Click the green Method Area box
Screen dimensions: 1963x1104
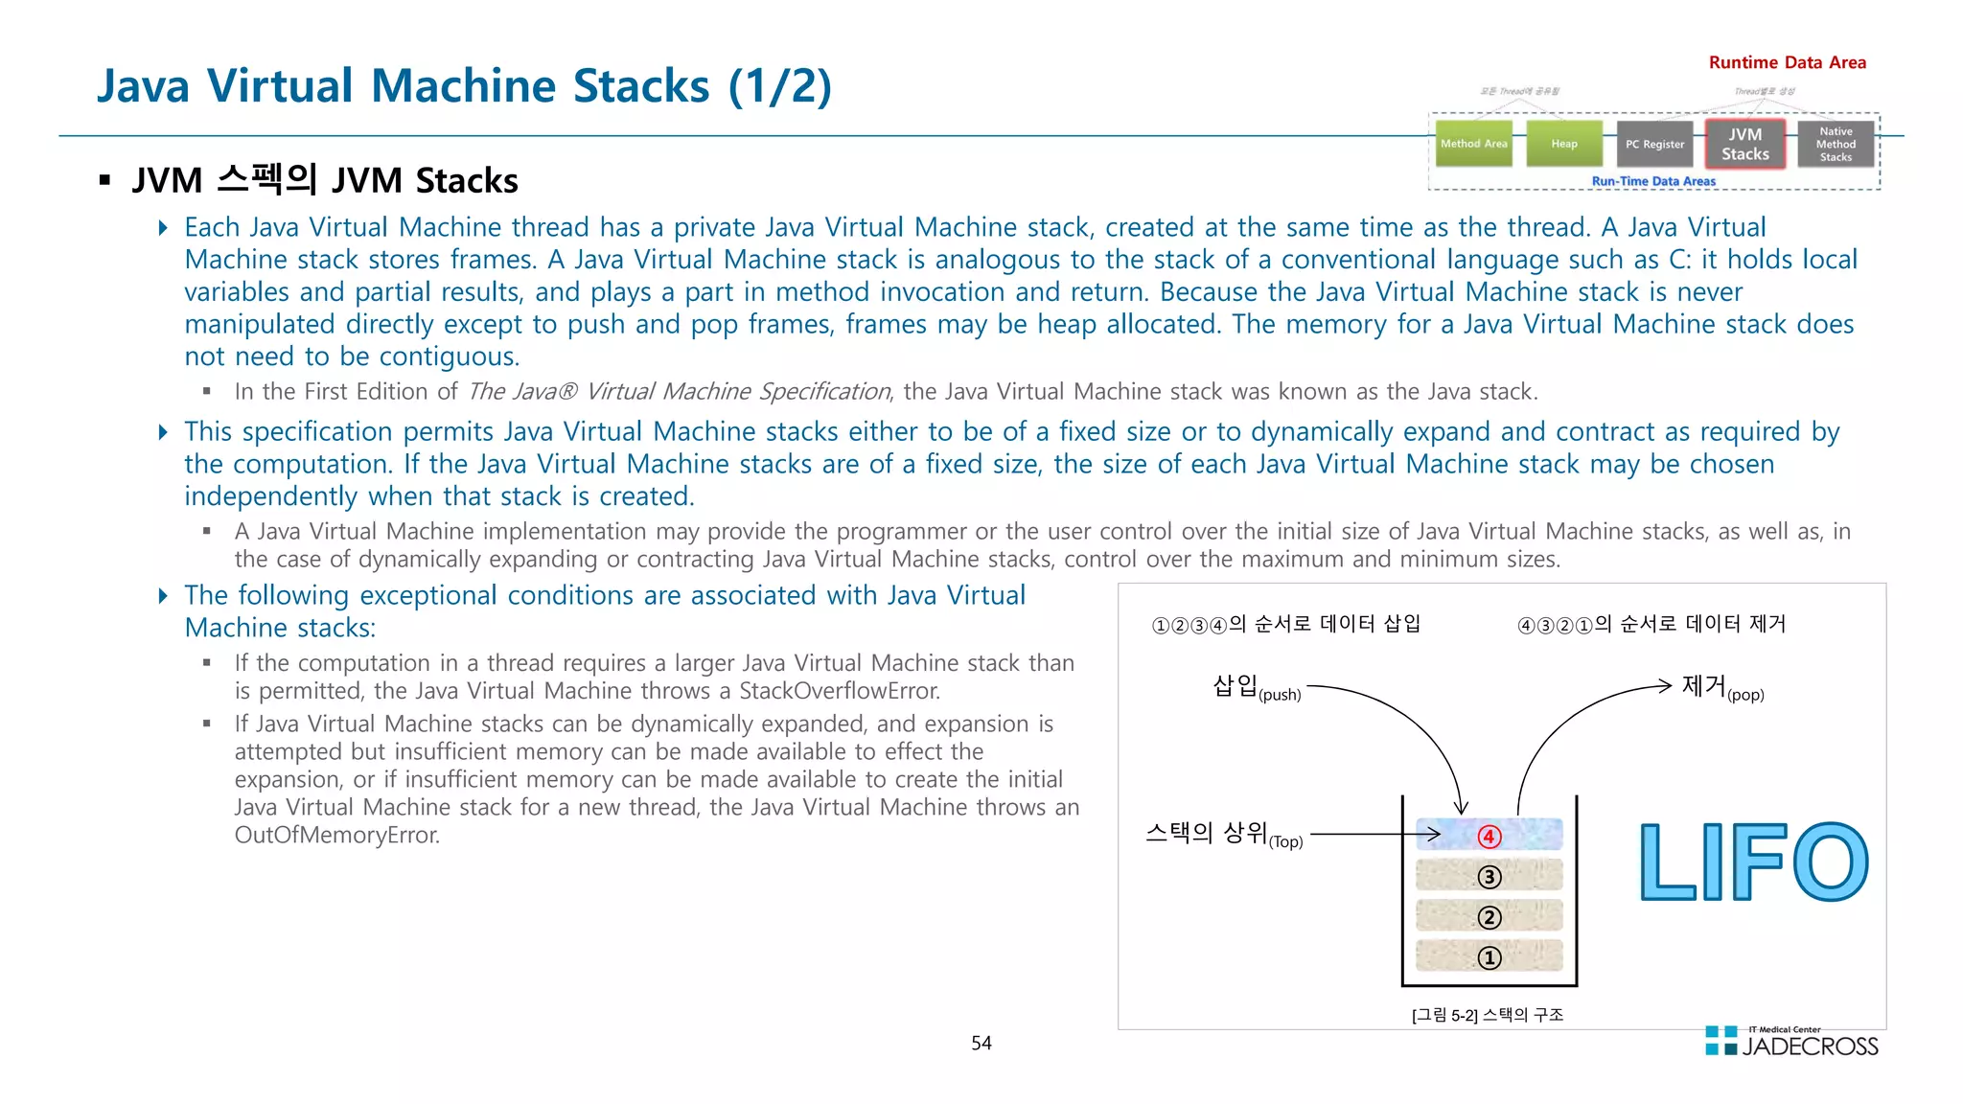(x=1473, y=144)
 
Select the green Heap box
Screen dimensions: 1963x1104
(x=1564, y=144)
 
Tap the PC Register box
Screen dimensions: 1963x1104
(x=1654, y=144)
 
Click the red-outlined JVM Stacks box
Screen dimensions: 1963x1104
(x=1744, y=144)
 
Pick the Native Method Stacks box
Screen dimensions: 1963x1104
(x=1836, y=144)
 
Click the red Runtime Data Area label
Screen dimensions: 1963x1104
(x=1787, y=62)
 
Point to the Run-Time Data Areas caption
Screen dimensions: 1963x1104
(x=1653, y=181)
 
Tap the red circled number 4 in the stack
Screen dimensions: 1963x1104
(x=1489, y=837)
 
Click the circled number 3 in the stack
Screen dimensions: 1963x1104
(x=1489, y=877)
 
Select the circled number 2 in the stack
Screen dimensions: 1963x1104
(x=1489, y=917)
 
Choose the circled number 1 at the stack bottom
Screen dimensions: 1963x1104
(x=1489, y=957)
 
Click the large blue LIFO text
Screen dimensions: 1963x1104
(x=1753, y=862)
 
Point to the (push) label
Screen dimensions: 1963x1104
(x=1280, y=695)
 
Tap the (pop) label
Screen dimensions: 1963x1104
(x=1745, y=695)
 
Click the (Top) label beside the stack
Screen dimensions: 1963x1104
(x=1286, y=842)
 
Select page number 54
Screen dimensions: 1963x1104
(x=981, y=1043)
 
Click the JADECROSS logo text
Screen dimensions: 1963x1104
(x=1810, y=1046)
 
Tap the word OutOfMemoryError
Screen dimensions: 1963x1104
(x=336, y=835)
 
